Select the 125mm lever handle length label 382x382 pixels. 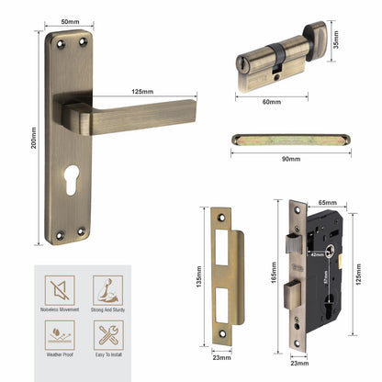[142, 91]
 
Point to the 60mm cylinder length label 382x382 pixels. [271, 101]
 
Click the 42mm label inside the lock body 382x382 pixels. [316, 256]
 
